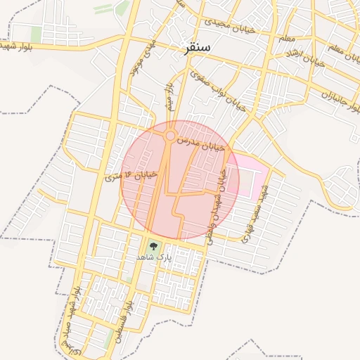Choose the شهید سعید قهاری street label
[253, 209]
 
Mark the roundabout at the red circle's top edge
[170, 135]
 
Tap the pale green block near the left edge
[36, 34]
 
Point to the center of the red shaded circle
[180, 180]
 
